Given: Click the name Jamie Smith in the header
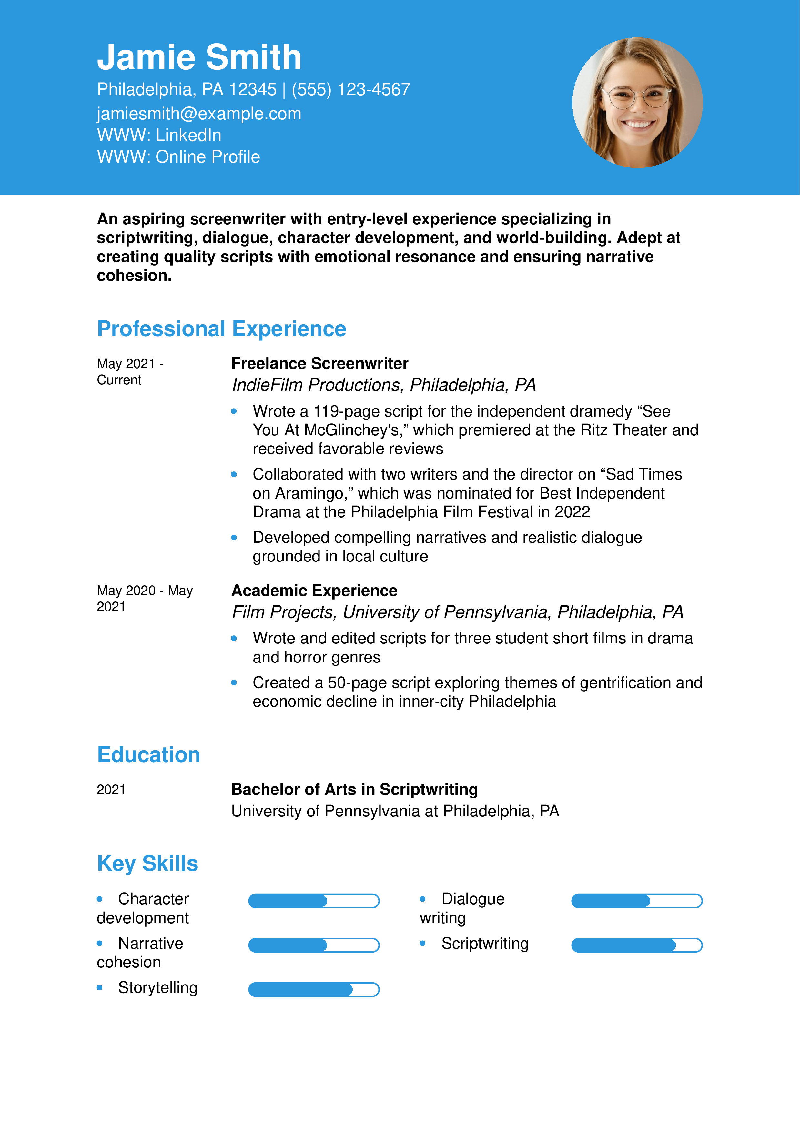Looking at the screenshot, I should pyautogui.click(x=199, y=57).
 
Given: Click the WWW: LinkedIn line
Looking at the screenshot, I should pyautogui.click(x=159, y=135).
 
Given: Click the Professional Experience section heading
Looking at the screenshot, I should pyautogui.click(x=221, y=329).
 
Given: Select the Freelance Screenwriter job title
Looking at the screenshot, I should pyautogui.click(x=319, y=363).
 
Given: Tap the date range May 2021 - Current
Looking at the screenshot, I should pyautogui.click(x=130, y=371).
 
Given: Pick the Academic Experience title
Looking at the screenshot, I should pyautogui.click(x=314, y=590).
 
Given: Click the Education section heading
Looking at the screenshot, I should pyautogui.click(x=148, y=754).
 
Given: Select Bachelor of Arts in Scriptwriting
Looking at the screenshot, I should pyautogui.click(x=354, y=789).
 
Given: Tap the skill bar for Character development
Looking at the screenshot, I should pyautogui.click(x=313, y=901).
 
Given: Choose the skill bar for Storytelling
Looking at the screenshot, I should pyautogui.click(x=313, y=989).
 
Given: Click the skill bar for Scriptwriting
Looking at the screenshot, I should pyautogui.click(x=636, y=945).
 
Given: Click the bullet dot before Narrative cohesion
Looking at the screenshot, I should pyautogui.click(x=100, y=943).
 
